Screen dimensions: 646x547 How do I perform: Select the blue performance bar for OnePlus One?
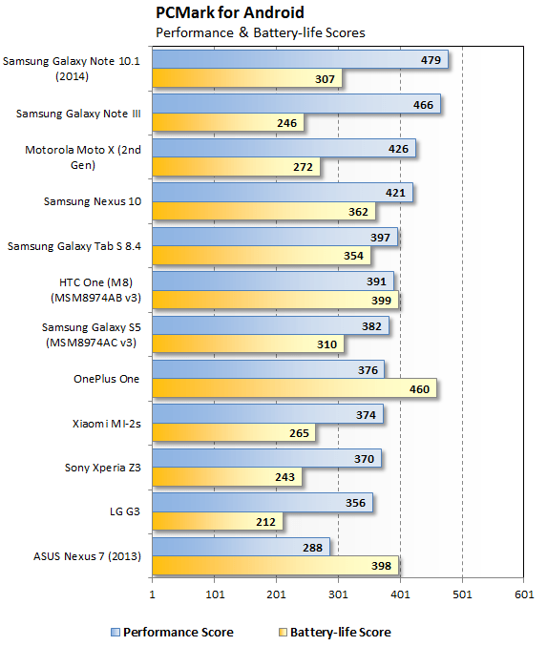click(268, 369)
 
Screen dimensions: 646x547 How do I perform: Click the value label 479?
click(431, 59)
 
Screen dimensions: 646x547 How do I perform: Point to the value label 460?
click(419, 388)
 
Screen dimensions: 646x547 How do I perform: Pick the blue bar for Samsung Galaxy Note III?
click(296, 103)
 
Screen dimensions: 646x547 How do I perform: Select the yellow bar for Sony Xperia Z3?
click(226, 477)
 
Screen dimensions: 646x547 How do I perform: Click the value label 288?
click(313, 548)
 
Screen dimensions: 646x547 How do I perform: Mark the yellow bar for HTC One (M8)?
click(275, 300)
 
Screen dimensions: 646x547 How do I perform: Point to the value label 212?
click(266, 521)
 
